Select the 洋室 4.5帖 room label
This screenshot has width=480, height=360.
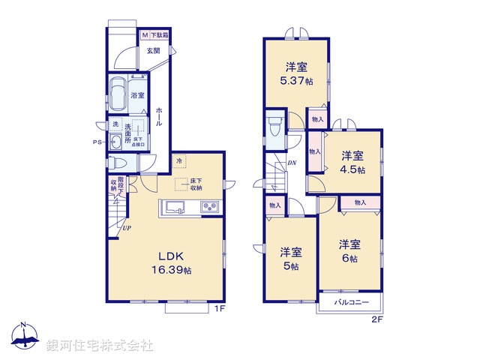coord(352,163)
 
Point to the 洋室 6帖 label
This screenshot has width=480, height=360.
coord(349,250)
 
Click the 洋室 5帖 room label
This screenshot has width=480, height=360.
coord(291,259)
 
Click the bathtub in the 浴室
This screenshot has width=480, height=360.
coord(117,95)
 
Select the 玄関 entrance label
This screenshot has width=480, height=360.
coord(153,50)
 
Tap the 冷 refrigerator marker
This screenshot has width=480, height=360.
coord(179,160)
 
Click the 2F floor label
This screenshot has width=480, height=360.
coord(376,318)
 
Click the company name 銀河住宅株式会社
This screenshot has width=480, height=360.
coord(99,346)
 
